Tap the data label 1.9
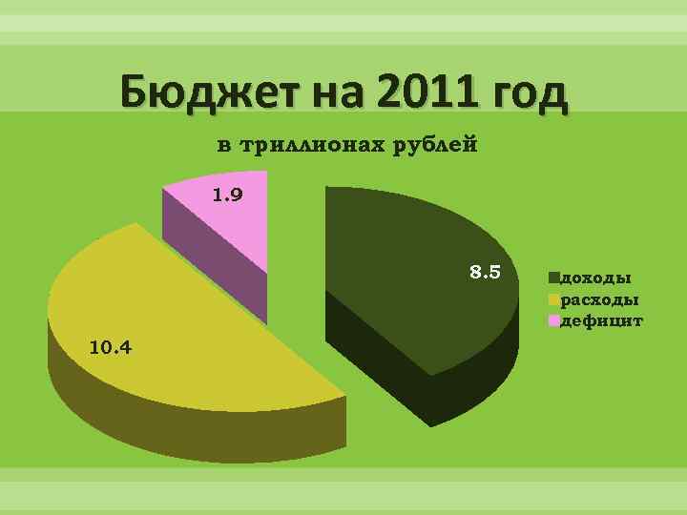pos(227,196)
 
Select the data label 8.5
pos(485,273)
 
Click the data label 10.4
pos(110,345)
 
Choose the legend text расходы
pos(599,300)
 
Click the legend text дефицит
pos(601,321)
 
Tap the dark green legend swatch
pos(553,278)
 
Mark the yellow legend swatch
pos(553,300)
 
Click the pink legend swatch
pos(553,321)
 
